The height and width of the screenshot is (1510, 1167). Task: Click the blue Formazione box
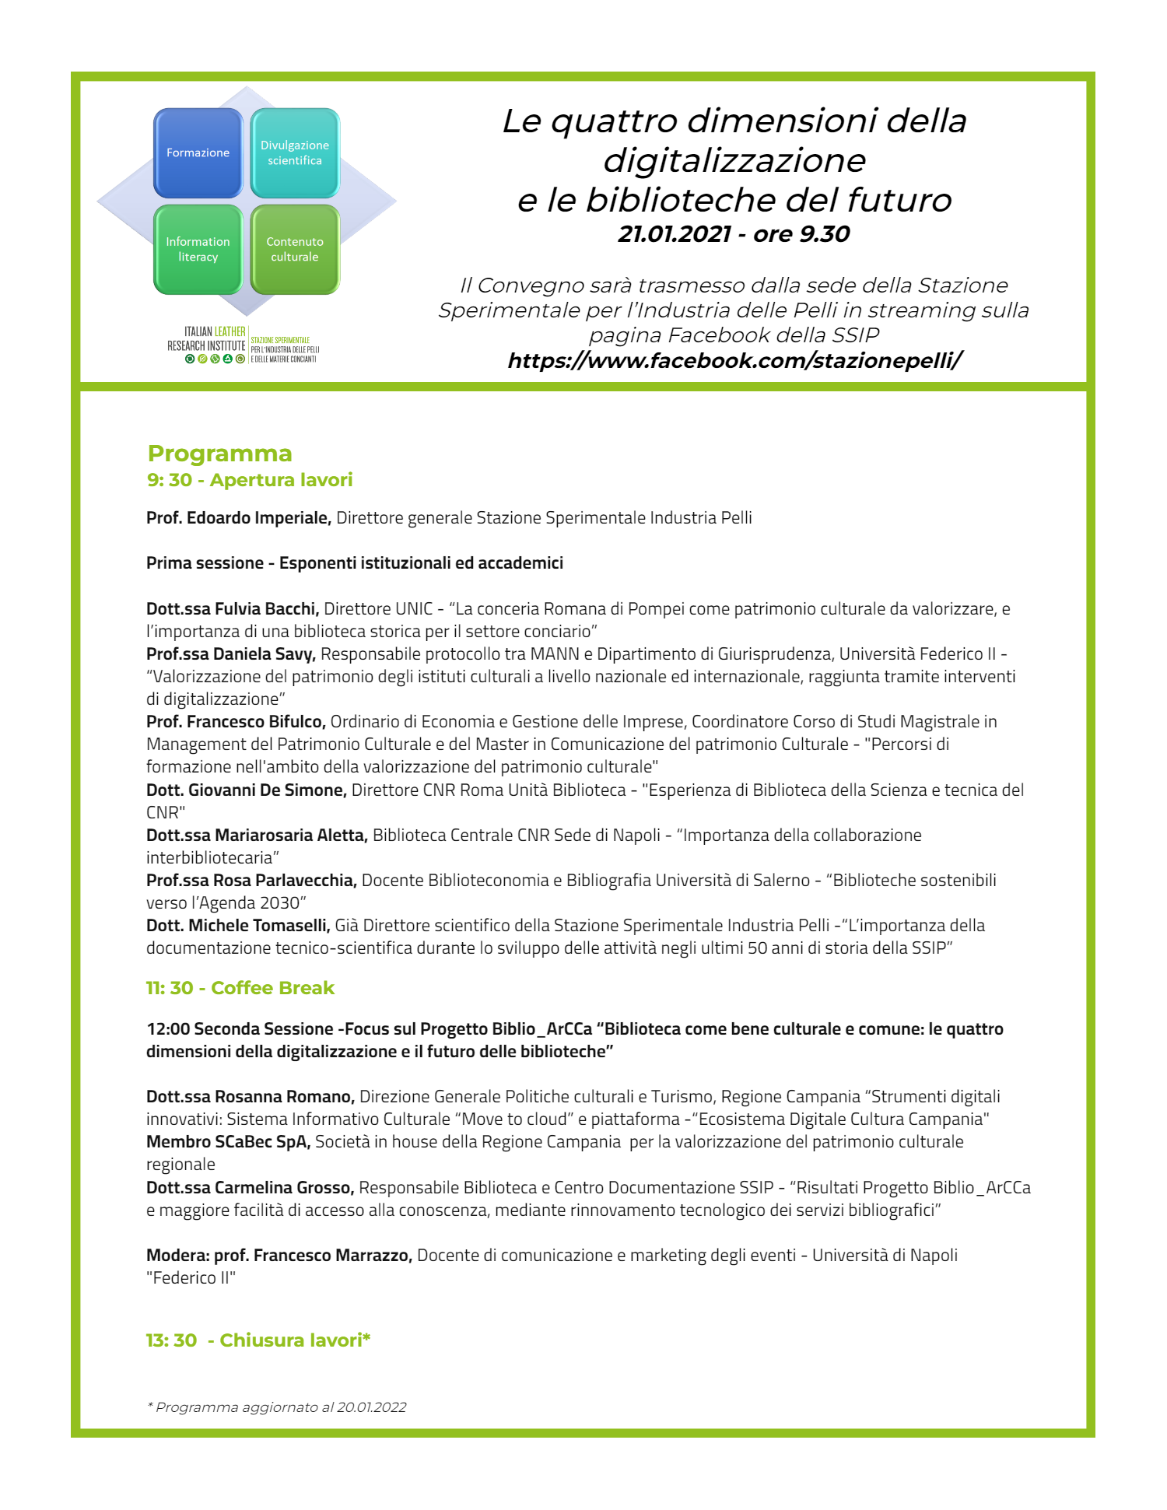[198, 153]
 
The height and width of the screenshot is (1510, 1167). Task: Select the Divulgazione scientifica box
[295, 153]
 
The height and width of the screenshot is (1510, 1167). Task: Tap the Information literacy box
[198, 250]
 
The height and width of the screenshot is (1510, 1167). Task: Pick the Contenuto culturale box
[295, 250]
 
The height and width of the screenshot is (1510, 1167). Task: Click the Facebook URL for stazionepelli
[734, 361]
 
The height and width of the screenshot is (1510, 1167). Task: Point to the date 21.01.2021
[675, 234]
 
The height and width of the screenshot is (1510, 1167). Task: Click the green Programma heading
[220, 454]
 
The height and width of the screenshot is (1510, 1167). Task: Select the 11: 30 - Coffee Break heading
[240, 988]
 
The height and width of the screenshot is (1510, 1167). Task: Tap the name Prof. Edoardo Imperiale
[239, 518]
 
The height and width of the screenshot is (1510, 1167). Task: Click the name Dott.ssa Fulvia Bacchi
[233, 609]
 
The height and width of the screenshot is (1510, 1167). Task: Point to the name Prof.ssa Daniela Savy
[230, 654]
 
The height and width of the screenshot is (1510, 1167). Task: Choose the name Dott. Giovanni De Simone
[246, 790]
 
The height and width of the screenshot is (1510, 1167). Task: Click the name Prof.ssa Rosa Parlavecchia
[251, 881]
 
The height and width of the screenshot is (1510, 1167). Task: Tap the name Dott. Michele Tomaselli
[238, 926]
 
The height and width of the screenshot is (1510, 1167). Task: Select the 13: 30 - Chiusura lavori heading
[258, 1340]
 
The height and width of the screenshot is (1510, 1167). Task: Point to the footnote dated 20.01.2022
[277, 1407]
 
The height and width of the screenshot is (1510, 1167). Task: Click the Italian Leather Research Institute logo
[243, 345]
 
